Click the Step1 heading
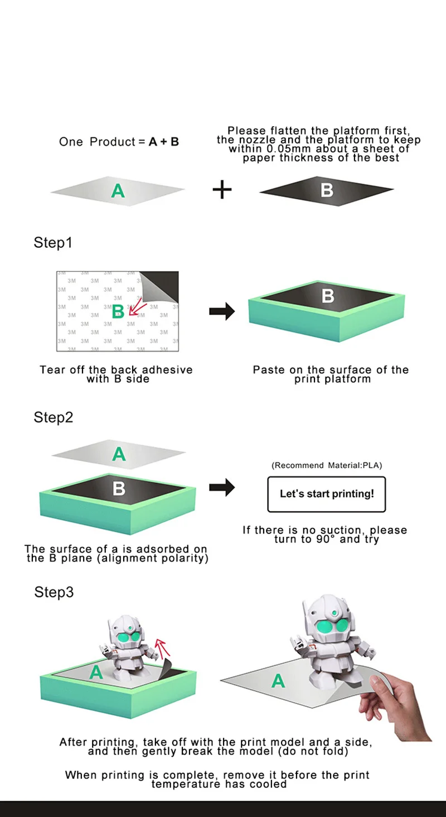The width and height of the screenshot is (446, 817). tap(53, 243)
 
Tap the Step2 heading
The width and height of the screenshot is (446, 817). tap(54, 417)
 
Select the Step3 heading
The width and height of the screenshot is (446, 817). tap(54, 592)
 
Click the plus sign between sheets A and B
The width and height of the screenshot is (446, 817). tap(222, 190)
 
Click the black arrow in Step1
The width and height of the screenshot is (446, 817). tap(222, 312)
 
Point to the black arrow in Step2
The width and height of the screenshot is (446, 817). tap(222, 487)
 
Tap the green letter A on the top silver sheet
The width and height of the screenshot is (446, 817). tap(118, 191)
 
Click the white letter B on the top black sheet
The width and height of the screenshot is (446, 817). tap(327, 190)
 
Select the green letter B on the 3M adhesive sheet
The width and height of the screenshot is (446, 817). tap(118, 311)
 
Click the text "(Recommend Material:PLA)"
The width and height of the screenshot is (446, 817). tap(327, 465)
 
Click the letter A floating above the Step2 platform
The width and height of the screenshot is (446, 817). tap(119, 454)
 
